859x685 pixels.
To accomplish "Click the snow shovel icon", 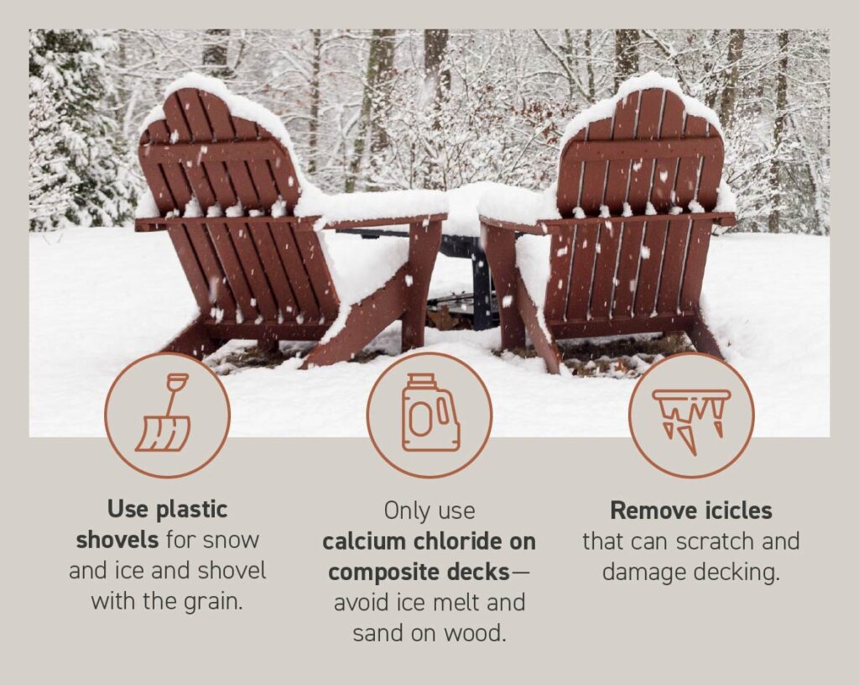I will point(166,416).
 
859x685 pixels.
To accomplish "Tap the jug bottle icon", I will point(429,414).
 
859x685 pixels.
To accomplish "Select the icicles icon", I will point(691,416).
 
